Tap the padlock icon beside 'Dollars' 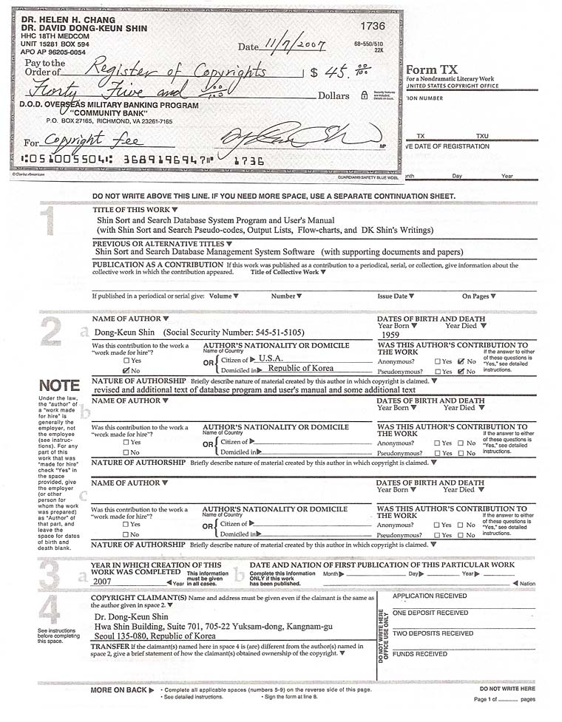364,95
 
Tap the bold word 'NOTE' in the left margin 59,386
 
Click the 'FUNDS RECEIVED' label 419,654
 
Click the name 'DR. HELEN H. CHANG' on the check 59,18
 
